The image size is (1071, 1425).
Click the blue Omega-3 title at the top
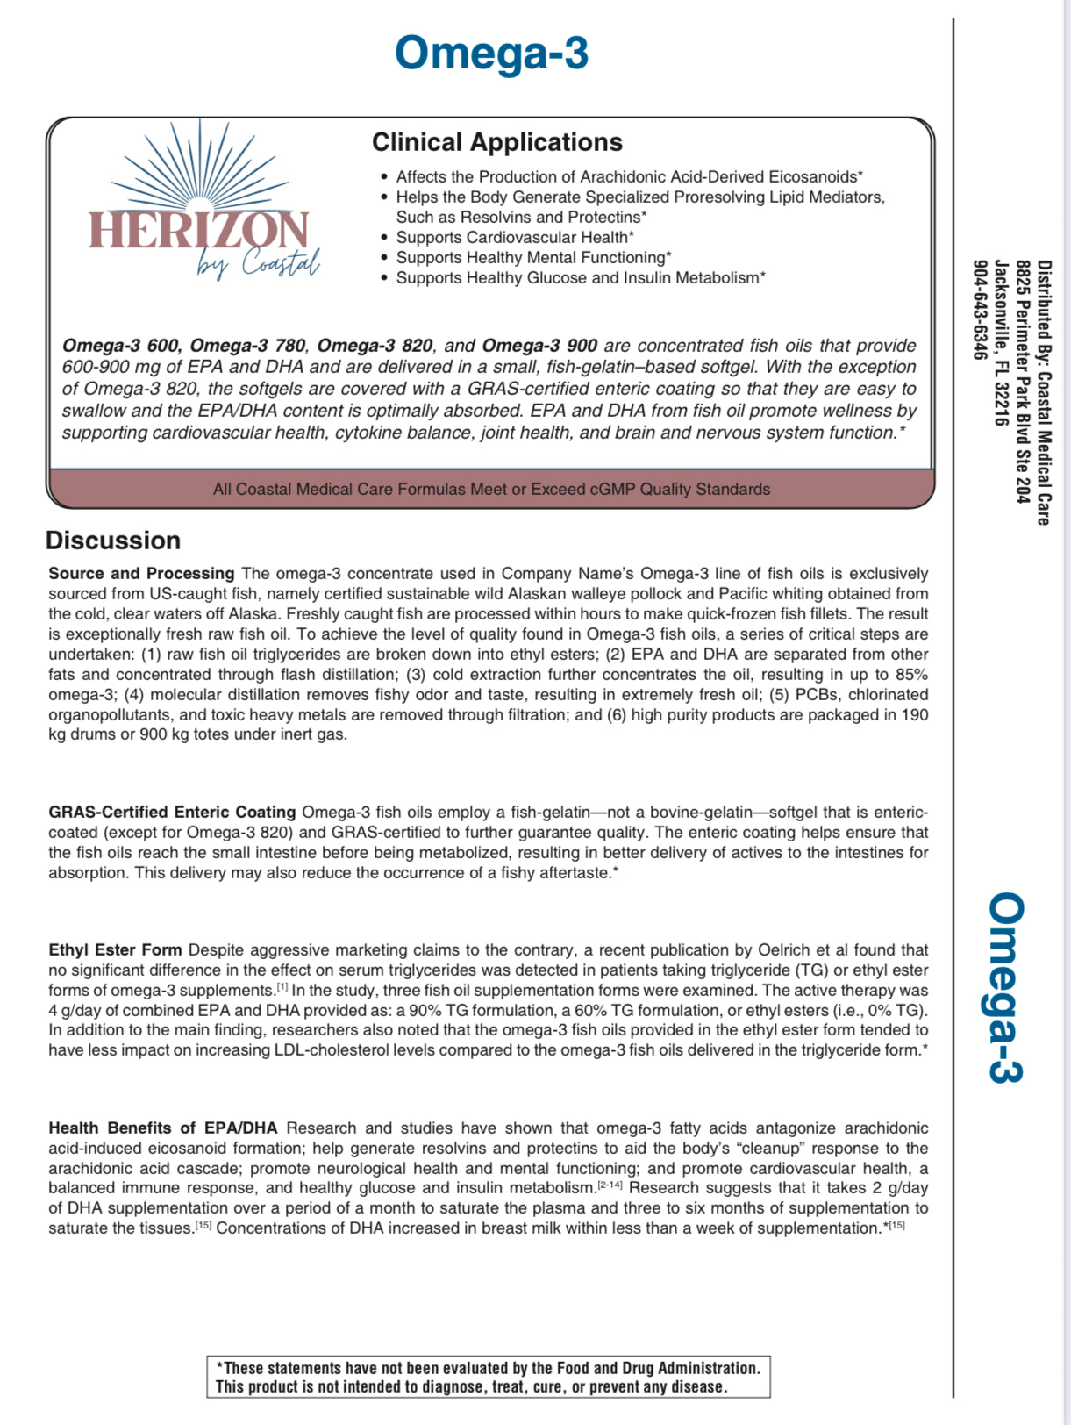click(491, 54)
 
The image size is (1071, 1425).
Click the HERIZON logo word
click(198, 232)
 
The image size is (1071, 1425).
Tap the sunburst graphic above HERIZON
click(200, 167)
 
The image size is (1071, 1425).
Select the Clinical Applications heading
click(496, 142)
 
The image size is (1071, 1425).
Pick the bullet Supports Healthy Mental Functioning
click(533, 257)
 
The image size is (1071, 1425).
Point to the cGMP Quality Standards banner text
click(491, 489)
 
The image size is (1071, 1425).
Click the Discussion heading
click(113, 541)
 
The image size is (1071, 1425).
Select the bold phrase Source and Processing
click(141, 573)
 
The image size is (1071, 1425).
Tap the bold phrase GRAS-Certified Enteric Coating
click(172, 812)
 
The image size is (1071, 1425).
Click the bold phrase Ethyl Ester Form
click(115, 949)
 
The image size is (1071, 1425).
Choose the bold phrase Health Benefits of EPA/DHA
click(162, 1128)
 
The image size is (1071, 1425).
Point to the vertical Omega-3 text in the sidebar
click(1005, 988)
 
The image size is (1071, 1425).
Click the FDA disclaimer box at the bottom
click(489, 1377)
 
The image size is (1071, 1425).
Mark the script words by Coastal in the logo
click(258, 262)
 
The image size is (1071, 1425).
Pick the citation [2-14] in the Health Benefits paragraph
click(610, 1185)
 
